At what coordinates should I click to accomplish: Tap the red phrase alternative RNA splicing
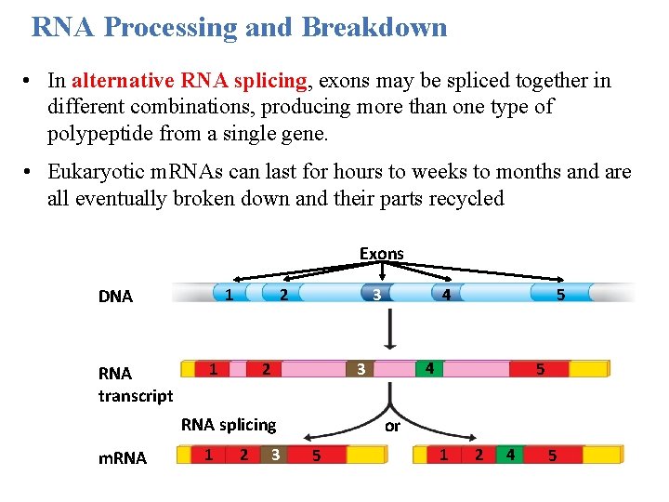tap(189, 81)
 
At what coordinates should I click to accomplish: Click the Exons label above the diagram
tap(381, 253)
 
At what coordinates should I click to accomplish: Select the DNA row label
tap(116, 297)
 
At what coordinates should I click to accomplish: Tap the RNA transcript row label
tap(135, 384)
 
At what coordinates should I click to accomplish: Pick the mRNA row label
tap(123, 457)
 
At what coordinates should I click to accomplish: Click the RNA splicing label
tap(229, 425)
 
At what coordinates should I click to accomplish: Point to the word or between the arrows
tap(392, 426)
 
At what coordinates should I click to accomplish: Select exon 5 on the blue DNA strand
tap(560, 295)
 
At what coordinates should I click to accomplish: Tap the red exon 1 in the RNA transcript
tap(215, 368)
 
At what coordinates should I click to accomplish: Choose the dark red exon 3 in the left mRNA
tap(275, 455)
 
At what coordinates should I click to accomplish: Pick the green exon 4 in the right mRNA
tap(510, 455)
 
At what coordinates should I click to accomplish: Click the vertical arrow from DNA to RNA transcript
tap(390, 329)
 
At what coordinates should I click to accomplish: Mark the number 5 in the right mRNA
tap(553, 456)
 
